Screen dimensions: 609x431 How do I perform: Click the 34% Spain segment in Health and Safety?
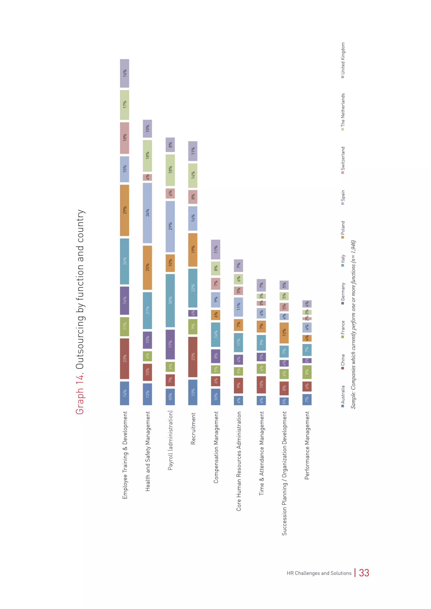(147, 213)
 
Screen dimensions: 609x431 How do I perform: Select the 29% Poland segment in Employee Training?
(124, 210)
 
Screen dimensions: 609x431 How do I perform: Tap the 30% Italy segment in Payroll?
(170, 300)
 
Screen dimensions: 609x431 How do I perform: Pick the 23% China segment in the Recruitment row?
(193, 357)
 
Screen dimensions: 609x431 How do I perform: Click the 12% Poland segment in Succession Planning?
(284, 333)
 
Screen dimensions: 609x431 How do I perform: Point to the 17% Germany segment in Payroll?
(170, 344)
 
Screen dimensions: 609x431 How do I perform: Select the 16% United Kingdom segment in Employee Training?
(124, 73)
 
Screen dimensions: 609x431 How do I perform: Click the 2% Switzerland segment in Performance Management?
(307, 319)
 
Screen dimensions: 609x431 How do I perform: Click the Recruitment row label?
(193, 428)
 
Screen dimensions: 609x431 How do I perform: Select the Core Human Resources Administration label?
(239, 461)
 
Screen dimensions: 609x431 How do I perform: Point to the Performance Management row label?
(307, 445)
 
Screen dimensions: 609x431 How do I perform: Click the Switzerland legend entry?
(343, 160)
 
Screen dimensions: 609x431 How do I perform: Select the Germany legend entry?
(343, 293)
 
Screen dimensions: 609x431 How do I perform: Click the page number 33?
(364, 573)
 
